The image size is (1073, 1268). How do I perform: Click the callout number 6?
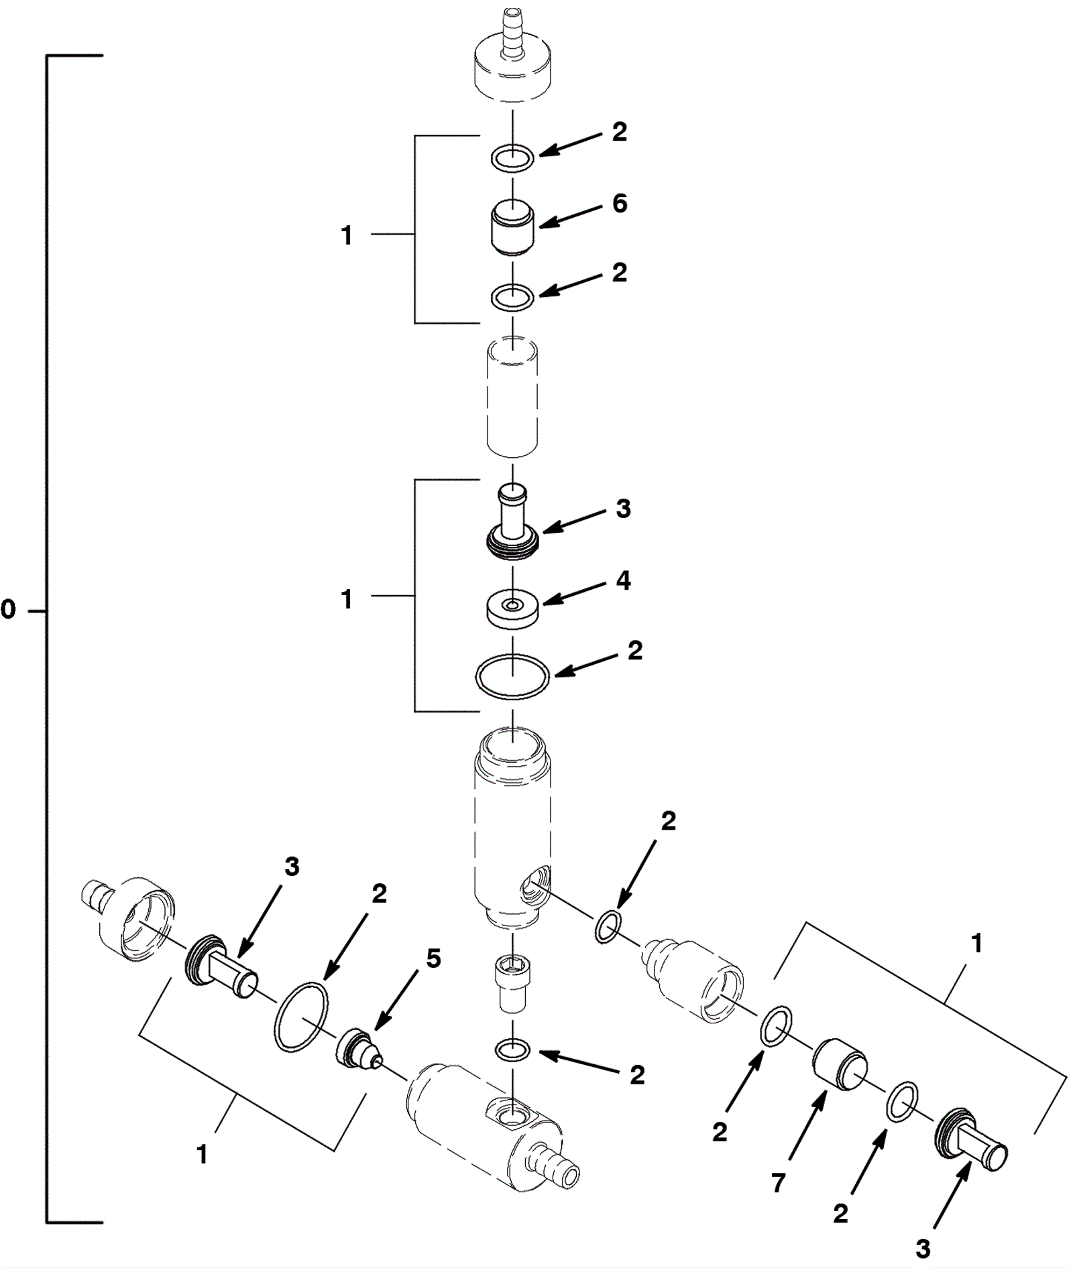(620, 203)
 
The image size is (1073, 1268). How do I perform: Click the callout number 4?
(623, 580)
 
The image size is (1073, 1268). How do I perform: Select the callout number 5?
(433, 959)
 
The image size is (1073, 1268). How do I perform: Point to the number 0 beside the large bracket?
(8, 610)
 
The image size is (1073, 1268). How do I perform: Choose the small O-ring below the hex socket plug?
(513, 1049)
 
